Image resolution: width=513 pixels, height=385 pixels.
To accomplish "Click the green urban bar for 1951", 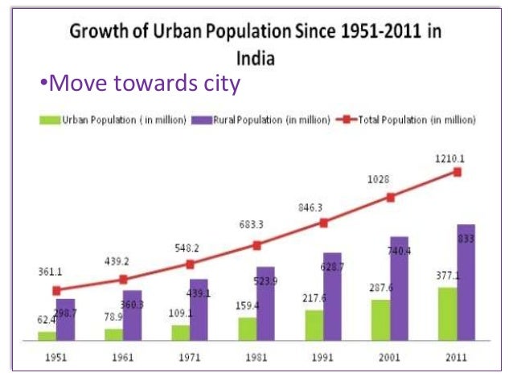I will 47,336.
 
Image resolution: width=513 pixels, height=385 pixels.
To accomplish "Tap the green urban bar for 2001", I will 380,320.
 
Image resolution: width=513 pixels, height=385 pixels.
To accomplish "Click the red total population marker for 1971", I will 190,264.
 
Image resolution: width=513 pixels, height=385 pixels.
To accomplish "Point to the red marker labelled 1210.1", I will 458,172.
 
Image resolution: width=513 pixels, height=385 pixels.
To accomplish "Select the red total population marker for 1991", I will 324,223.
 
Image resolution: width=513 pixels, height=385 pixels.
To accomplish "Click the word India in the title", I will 256,58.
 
